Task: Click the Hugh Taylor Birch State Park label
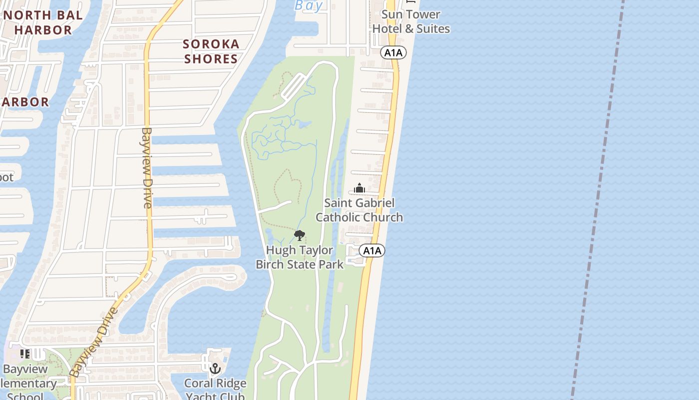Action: [300, 257]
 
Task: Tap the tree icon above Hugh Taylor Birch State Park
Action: [300, 235]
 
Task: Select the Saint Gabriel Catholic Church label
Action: [359, 210]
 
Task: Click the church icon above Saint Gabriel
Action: [359, 188]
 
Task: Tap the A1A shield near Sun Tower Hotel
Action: [393, 52]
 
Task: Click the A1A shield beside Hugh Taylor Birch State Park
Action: [372, 250]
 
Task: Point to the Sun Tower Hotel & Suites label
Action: [411, 21]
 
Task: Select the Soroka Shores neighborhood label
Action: [211, 51]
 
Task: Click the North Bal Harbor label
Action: [43, 22]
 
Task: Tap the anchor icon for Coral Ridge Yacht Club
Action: [215, 368]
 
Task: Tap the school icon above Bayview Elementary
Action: [25, 354]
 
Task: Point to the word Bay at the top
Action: [309, 5]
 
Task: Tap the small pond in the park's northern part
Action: [305, 124]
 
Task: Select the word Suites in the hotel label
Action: [433, 29]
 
